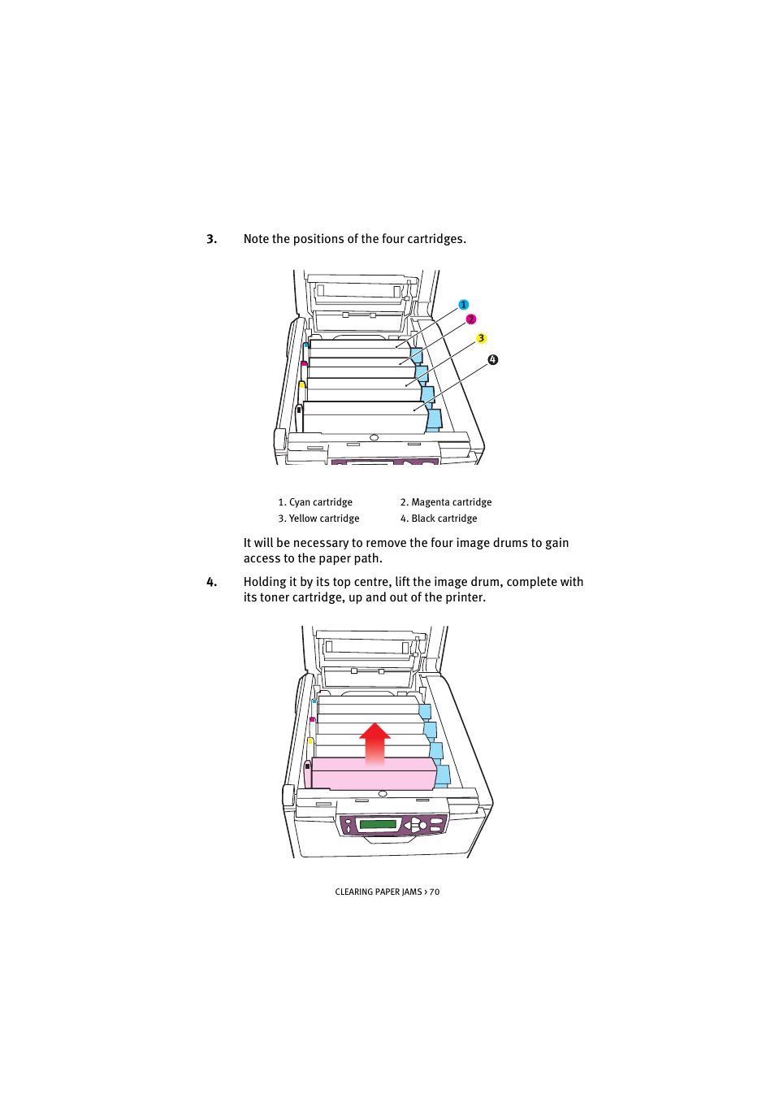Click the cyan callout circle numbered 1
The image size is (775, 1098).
tap(464, 305)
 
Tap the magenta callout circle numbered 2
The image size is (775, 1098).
tap(471, 319)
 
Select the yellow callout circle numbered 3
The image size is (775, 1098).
tap(481, 338)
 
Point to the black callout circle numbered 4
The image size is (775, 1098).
tap(492, 359)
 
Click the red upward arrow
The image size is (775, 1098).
tap(375, 743)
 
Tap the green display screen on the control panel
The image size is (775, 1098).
tap(378, 824)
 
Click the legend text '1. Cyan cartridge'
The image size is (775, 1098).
tap(315, 502)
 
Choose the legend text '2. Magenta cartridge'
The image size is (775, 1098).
tap(445, 502)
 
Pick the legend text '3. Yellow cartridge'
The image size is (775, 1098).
tap(318, 519)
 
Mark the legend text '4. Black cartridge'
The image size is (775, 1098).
tap(439, 519)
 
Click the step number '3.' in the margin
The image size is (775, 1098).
tap(211, 239)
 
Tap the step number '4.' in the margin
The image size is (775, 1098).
tap(211, 582)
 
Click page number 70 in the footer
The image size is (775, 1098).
tap(435, 892)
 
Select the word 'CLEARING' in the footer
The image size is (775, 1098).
tap(354, 892)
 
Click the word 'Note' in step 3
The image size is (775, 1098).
tap(256, 239)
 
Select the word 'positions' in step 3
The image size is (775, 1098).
tap(318, 239)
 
